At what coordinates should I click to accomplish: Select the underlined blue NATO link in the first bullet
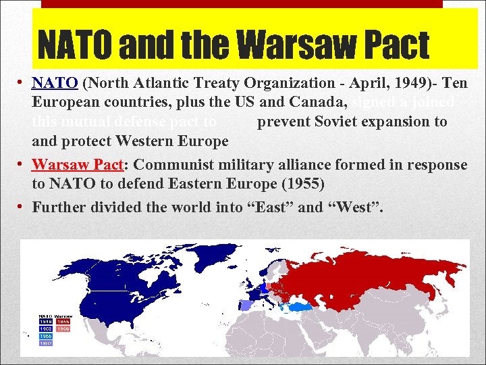[x=56, y=83]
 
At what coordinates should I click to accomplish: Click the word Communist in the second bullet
[x=178, y=164]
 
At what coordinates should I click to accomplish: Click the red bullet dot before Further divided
[x=23, y=206]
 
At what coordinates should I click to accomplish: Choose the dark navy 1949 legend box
[x=45, y=322]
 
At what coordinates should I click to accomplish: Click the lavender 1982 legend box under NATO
[x=45, y=342]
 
